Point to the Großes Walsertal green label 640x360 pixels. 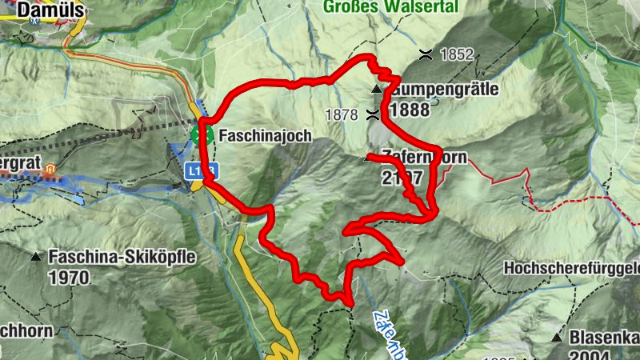click(391, 8)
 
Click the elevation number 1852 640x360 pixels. click(457, 55)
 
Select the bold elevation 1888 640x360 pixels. click(410, 110)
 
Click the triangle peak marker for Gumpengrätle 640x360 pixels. click(375, 88)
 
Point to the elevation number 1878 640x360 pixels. click(342, 114)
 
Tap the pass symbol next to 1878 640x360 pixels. click(373, 114)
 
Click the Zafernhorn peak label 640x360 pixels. click(424, 158)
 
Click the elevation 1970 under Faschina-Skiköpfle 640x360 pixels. click(69, 278)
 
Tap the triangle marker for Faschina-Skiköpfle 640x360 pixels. click(37, 258)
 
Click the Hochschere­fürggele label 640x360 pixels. click(571, 268)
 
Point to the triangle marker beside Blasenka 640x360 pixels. click(557, 338)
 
